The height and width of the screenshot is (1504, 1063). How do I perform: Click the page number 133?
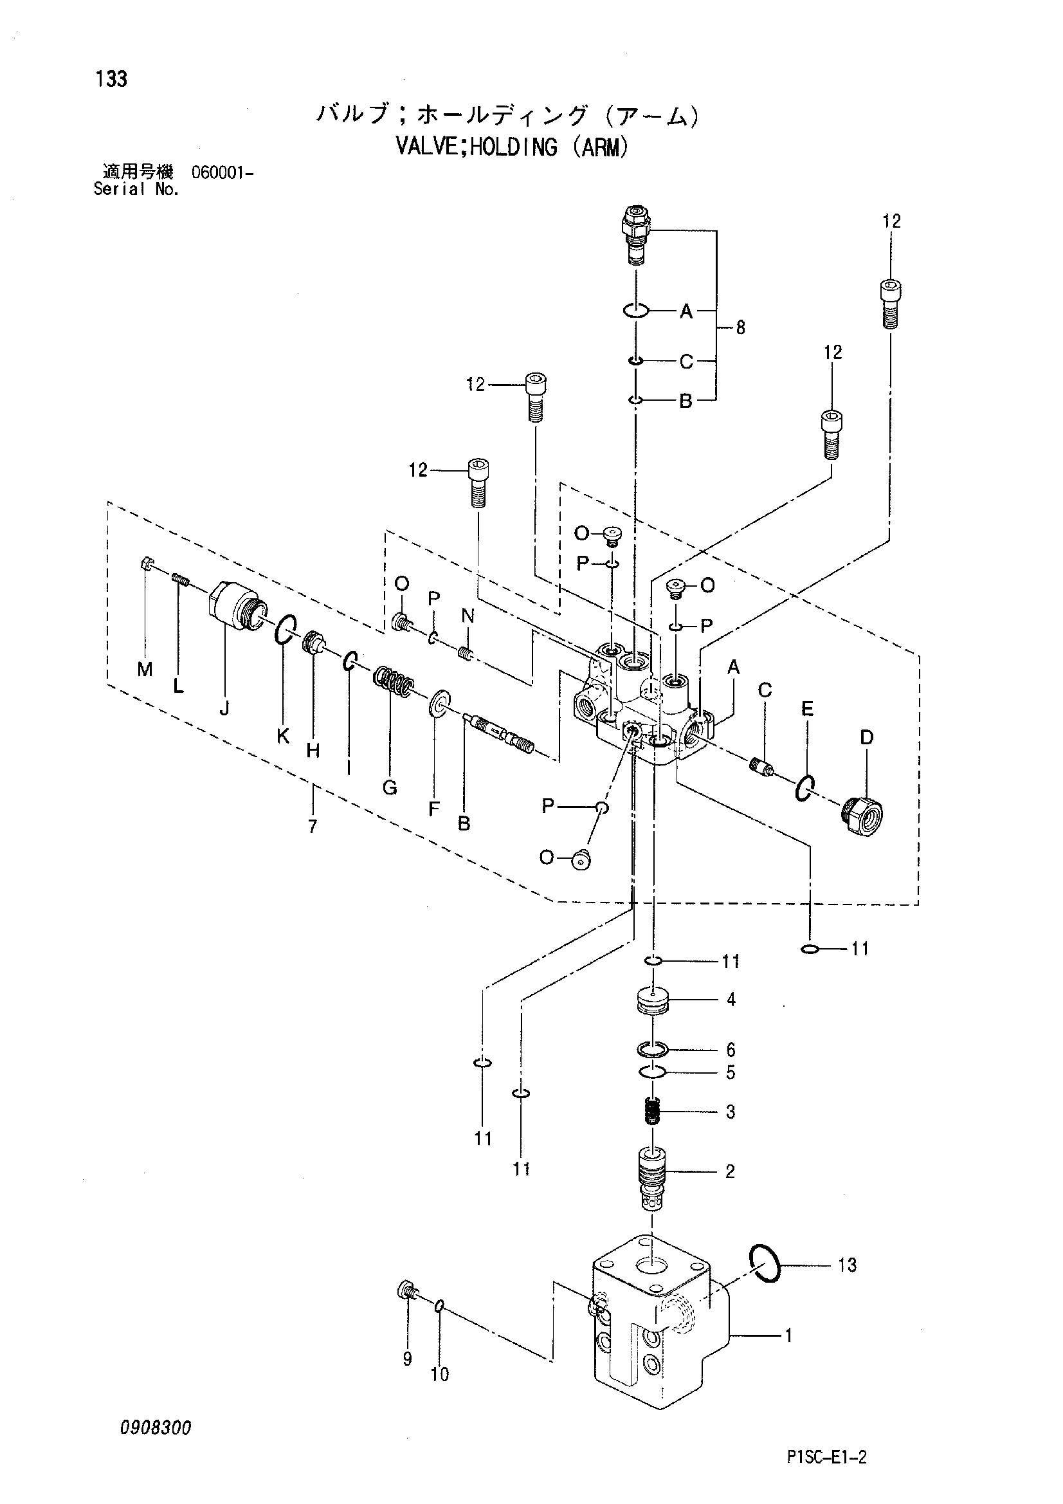(x=111, y=79)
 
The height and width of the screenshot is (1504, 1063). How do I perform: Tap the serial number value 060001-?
(x=222, y=173)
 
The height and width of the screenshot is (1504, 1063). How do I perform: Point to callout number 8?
(x=740, y=327)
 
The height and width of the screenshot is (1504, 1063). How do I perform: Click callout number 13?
(x=847, y=1265)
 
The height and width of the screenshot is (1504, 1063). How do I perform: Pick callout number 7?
(x=313, y=827)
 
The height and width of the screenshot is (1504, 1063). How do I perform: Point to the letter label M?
(x=145, y=669)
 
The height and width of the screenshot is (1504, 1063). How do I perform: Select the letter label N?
(x=468, y=615)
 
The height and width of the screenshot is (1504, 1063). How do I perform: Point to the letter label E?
(x=807, y=709)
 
